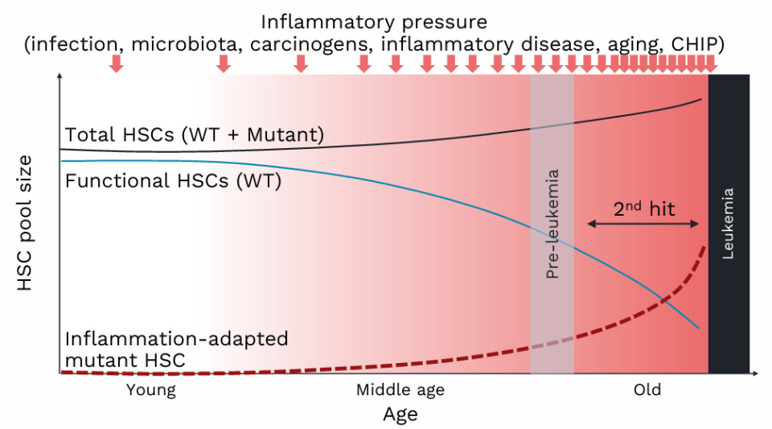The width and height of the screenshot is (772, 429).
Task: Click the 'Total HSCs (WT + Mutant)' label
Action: (x=195, y=135)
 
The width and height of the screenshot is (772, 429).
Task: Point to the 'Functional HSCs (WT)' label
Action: (x=173, y=181)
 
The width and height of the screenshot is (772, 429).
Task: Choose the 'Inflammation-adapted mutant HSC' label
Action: (x=176, y=349)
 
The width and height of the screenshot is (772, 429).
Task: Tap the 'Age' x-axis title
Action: (x=400, y=415)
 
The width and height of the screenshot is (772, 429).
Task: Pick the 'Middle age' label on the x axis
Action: (x=400, y=390)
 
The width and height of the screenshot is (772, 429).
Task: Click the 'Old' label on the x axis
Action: (x=647, y=390)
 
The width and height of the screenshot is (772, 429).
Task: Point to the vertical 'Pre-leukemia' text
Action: (x=552, y=225)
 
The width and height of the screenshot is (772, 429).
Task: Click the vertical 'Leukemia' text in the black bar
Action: (x=729, y=224)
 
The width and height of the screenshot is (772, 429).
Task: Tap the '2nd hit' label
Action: (x=644, y=209)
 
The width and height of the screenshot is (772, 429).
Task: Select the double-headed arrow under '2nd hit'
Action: (x=643, y=224)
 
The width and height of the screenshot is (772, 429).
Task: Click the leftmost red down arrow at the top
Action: (x=117, y=64)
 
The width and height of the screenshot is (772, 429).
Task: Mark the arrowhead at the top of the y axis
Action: (x=60, y=77)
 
